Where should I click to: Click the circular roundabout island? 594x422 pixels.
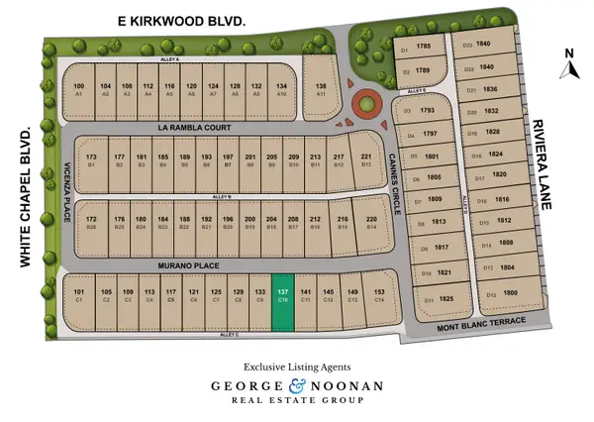pyautogui.click(x=367, y=104)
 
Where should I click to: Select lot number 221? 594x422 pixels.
pyautogui.click(x=366, y=159)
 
